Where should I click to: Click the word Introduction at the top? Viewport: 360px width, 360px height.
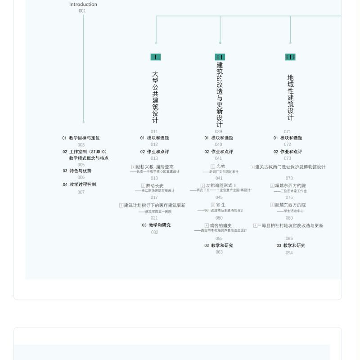pos(83,4)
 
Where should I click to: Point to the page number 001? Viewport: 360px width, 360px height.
pos(82,11)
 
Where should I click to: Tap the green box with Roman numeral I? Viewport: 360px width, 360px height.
pos(155,57)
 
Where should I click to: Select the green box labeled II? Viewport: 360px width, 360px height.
pos(220,57)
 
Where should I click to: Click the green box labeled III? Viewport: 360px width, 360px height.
pos(290,57)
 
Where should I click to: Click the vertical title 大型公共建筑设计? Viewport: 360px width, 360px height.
pos(155,97)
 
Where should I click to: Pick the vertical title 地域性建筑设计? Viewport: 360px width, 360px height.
pos(291,97)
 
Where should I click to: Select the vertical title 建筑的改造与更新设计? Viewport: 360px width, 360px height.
pos(220,94)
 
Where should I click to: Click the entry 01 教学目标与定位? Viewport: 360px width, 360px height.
pos(81,138)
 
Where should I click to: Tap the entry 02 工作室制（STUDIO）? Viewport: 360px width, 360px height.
pos(85,152)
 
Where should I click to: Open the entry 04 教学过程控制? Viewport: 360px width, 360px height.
pos(79,184)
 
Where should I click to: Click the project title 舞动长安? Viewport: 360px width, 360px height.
pos(154,185)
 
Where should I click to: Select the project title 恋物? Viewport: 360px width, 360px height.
pos(220,166)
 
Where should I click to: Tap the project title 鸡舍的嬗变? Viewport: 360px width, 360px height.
pos(220,225)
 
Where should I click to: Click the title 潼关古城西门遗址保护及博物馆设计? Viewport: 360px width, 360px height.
pos(290,167)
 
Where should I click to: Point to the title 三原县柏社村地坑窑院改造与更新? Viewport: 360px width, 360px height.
pos(290,225)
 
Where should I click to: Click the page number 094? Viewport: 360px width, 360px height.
pos(289,253)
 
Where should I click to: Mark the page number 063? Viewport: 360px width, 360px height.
pos(219,252)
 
